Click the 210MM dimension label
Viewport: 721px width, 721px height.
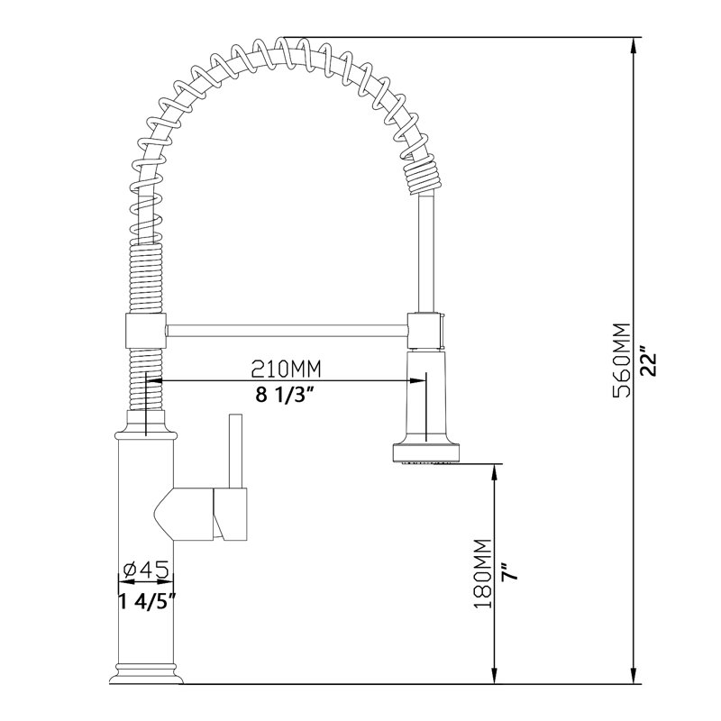[286, 368]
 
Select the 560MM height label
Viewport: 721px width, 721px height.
[623, 360]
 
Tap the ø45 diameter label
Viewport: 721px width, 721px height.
[147, 570]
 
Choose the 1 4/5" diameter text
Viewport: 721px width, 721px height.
[147, 601]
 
